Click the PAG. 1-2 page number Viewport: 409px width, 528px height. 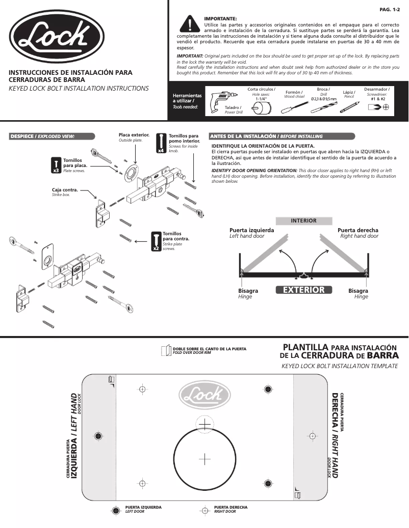tap(390, 10)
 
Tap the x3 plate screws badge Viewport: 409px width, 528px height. tap(56, 165)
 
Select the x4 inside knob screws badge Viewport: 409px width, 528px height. tap(161, 143)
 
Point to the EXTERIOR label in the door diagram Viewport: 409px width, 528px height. tap(303, 290)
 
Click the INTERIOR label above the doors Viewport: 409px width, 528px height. tap(303, 221)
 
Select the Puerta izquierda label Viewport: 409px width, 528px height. tap(252, 230)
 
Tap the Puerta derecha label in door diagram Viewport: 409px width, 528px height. tap(358, 230)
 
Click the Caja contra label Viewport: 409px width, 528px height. tap(65, 190)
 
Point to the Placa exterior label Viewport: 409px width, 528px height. tap(134, 135)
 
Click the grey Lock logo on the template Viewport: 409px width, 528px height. tap(204, 395)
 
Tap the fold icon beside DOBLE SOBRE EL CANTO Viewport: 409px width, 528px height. tap(165, 350)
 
